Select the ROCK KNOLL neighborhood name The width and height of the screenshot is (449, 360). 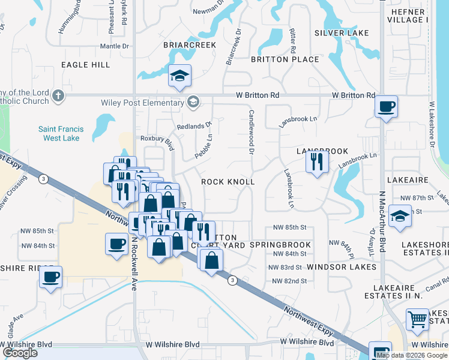(x=228, y=181)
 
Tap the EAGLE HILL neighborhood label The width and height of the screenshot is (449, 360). (x=85, y=64)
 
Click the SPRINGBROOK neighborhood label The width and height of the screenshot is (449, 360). (x=280, y=245)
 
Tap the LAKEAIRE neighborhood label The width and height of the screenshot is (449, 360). (x=408, y=179)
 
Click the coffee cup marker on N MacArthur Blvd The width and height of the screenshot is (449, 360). (x=386, y=107)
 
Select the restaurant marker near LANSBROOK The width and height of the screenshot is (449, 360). (x=316, y=161)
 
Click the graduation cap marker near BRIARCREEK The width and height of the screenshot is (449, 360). (x=179, y=76)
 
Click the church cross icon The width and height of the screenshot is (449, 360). (x=58, y=95)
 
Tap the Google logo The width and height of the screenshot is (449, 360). (x=20, y=353)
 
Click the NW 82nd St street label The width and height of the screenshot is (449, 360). (x=289, y=281)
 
